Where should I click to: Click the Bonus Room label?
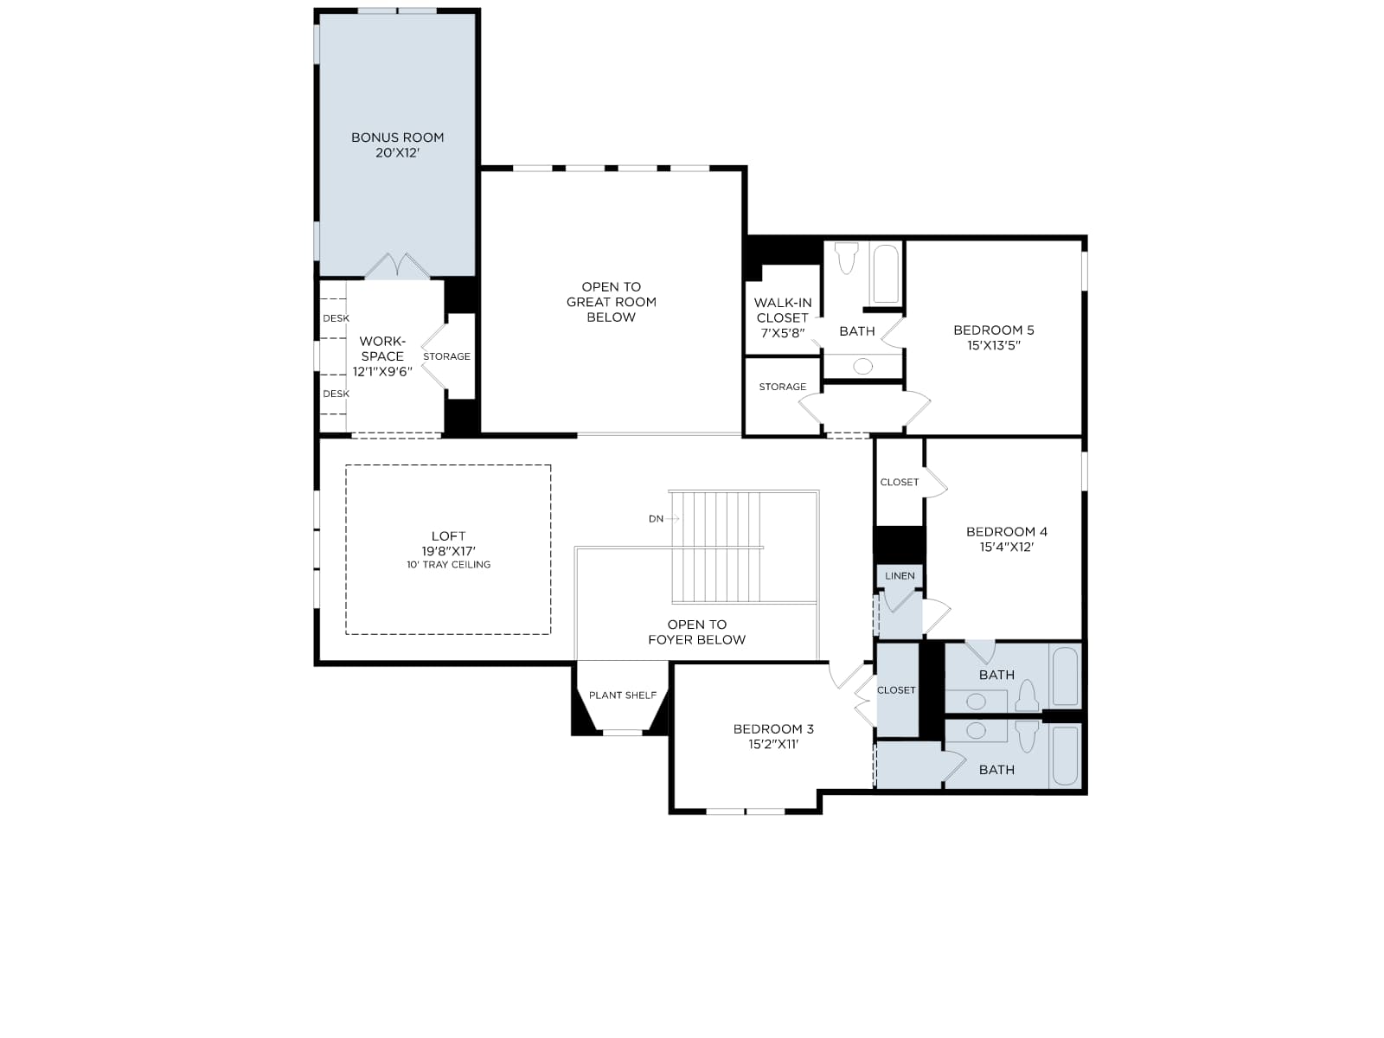(x=397, y=138)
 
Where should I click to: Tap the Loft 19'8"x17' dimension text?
(x=448, y=550)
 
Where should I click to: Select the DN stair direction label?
(x=656, y=519)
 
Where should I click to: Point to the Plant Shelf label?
(x=622, y=695)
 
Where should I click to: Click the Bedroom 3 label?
(x=773, y=729)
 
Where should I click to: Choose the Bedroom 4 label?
(x=1006, y=532)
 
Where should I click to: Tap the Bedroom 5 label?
(x=994, y=330)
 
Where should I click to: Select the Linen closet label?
(x=900, y=576)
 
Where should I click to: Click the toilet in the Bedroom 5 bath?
(x=846, y=258)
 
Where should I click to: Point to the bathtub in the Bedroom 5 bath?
(x=885, y=275)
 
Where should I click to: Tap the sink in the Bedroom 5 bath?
(x=862, y=366)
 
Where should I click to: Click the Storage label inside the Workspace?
(x=446, y=356)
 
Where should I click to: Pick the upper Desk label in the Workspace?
(x=336, y=318)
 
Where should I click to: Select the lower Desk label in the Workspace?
(x=336, y=394)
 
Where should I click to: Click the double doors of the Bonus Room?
(x=397, y=266)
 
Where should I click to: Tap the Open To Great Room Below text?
(x=611, y=302)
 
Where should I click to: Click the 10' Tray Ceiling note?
(x=448, y=565)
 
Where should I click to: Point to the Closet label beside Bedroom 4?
(x=899, y=482)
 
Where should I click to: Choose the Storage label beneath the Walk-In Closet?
(x=783, y=387)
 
